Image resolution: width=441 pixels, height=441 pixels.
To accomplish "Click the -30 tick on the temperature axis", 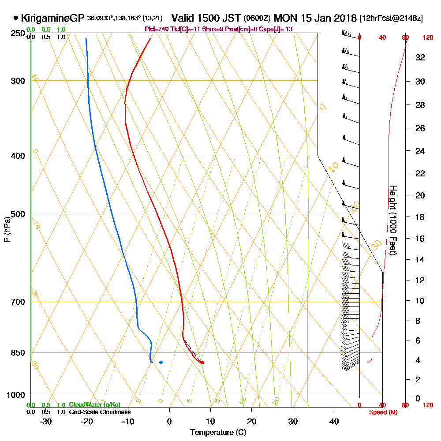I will click(46, 421).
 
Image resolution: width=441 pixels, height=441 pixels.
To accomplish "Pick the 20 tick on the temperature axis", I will click(252, 421).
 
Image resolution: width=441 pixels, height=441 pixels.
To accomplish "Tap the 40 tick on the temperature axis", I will click(334, 421).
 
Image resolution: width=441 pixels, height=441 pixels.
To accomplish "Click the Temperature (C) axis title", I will click(218, 432).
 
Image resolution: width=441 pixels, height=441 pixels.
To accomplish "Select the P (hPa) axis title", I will click(7, 229).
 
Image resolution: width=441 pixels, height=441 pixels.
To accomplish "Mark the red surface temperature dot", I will click(202, 363).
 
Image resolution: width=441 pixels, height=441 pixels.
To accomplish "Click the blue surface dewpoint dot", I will click(161, 363).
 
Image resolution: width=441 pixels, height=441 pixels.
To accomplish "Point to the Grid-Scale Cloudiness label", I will click(100, 412).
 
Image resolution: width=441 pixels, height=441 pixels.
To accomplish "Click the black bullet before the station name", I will click(16, 19).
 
